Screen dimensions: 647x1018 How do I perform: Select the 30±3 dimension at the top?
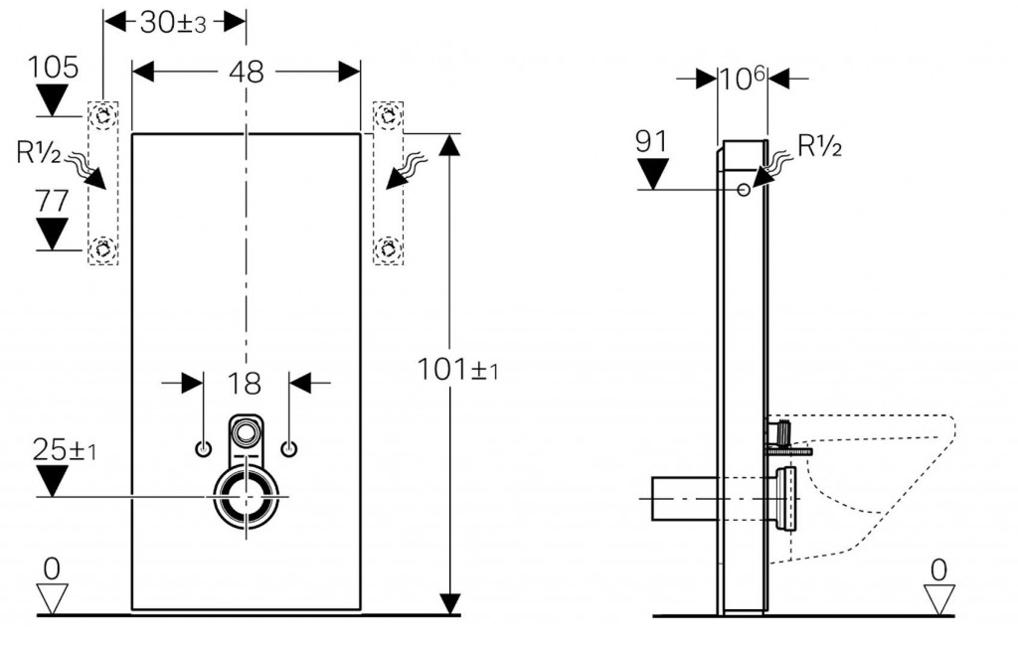pyautogui.click(x=173, y=23)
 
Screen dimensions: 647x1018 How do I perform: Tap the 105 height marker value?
pyautogui.click(x=53, y=68)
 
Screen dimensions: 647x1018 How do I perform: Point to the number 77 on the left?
pyautogui.click(x=53, y=201)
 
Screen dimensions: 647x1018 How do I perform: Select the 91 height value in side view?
pyautogui.click(x=653, y=142)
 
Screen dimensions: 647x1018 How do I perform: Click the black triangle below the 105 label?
pyautogui.click(x=53, y=101)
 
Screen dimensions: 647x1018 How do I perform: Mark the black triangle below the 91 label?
pyautogui.click(x=653, y=173)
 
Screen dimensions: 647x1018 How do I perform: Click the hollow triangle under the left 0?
pyautogui.click(x=53, y=598)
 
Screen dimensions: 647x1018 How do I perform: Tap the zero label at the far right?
pyautogui.click(x=938, y=568)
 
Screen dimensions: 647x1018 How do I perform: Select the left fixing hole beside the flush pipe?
pyautogui.click(x=203, y=449)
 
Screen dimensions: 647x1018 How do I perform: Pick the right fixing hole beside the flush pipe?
pyautogui.click(x=289, y=449)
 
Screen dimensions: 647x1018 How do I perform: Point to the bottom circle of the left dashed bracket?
pyautogui.click(x=102, y=249)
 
